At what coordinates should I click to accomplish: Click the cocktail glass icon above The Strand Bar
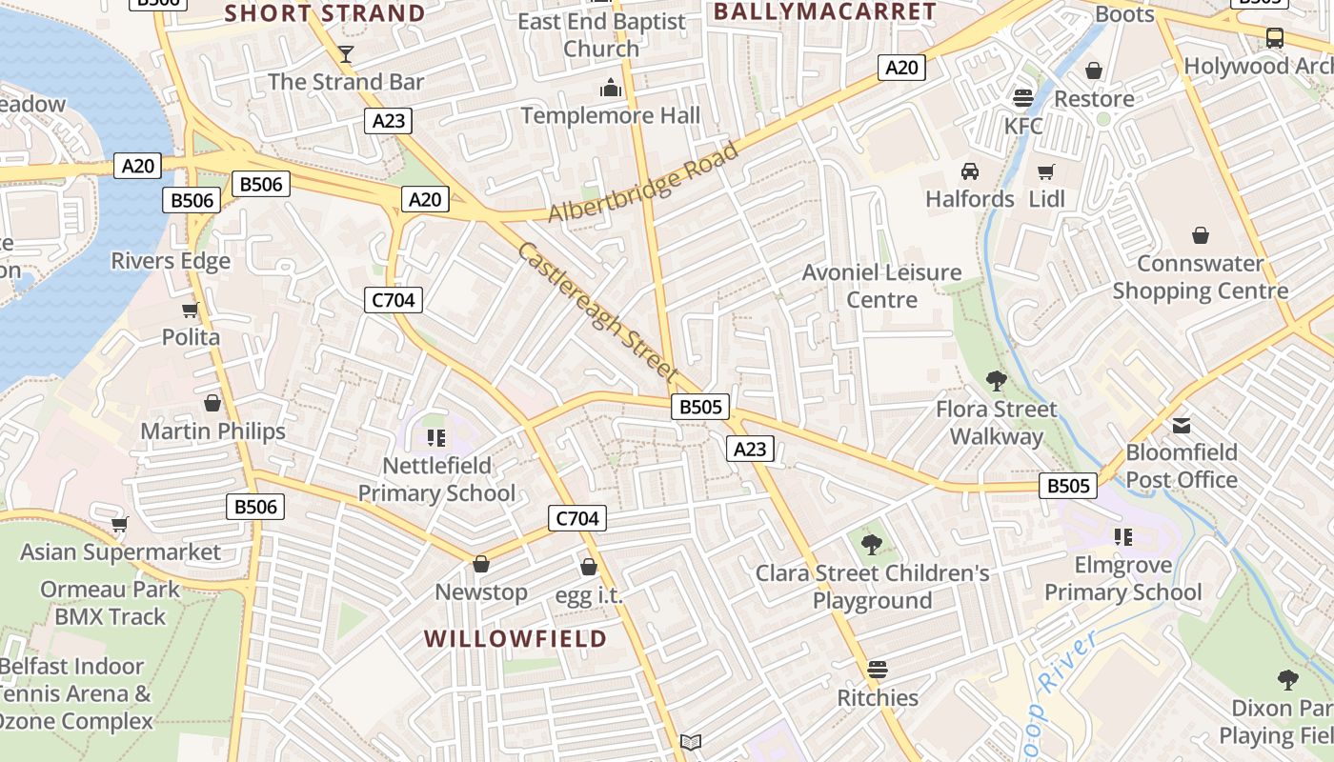346,53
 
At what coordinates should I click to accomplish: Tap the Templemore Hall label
610,115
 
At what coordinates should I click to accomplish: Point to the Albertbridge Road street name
644,183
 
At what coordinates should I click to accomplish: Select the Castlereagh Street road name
597,311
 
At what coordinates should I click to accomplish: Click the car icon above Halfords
970,171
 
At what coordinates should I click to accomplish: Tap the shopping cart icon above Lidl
1046,172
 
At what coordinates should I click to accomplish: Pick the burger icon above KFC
1023,98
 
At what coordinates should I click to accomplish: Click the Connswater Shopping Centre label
1200,277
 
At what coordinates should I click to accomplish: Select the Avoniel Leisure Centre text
881,286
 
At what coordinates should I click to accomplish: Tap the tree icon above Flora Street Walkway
997,381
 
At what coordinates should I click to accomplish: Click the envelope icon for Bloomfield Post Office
1182,425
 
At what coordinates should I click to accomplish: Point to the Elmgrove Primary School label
1122,578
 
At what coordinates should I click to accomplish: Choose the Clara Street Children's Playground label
872,587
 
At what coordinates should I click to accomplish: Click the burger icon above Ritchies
878,670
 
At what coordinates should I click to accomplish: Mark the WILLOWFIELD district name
515,638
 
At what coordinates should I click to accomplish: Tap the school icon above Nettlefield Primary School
436,438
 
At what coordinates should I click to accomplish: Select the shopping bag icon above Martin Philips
212,403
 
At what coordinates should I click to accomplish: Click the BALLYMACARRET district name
824,11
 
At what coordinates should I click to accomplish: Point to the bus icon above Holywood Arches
1275,38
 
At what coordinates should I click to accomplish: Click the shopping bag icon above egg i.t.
589,567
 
